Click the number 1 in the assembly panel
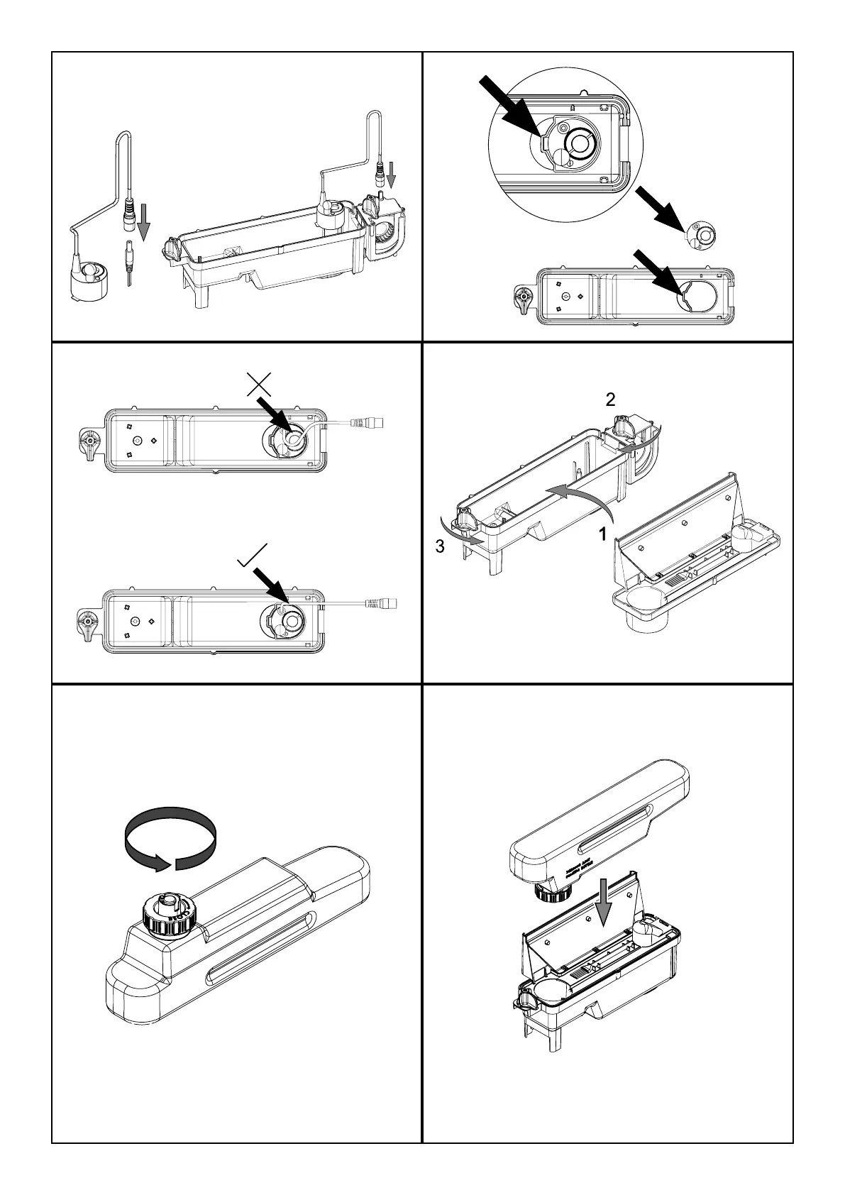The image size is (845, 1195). (x=603, y=534)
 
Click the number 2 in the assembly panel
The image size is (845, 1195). (x=610, y=400)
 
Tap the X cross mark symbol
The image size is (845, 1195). (x=260, y=384)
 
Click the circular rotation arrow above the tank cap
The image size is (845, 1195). (x=170, y=837)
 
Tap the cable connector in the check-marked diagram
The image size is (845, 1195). (x=381, y=604)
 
